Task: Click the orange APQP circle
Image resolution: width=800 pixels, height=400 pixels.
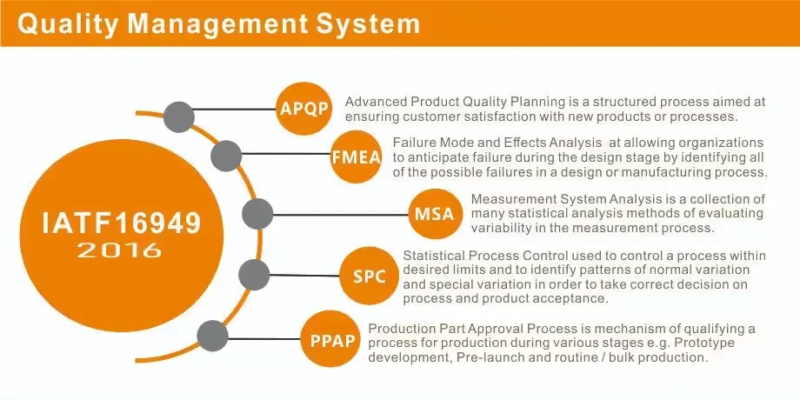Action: click(304, 109)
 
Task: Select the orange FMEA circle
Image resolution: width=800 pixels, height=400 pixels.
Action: click(357, 157)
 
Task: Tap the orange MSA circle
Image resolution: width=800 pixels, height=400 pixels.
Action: click(434, 213)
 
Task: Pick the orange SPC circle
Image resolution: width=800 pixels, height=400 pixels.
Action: click(369, 276)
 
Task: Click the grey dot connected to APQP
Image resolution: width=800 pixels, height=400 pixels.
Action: click(179, 117)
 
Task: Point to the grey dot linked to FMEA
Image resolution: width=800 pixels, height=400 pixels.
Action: click(225, 156)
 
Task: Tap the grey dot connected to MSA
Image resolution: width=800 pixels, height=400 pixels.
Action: click(257, 214)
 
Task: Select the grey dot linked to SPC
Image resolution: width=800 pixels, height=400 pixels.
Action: click(254, 275)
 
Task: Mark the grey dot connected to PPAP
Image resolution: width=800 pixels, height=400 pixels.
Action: click(212, 337)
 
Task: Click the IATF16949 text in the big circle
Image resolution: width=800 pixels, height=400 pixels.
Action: click(122, 223)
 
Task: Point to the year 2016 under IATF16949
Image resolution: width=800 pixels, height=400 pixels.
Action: click(120, 250)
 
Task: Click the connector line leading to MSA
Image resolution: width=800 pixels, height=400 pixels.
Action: click(341, 214)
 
